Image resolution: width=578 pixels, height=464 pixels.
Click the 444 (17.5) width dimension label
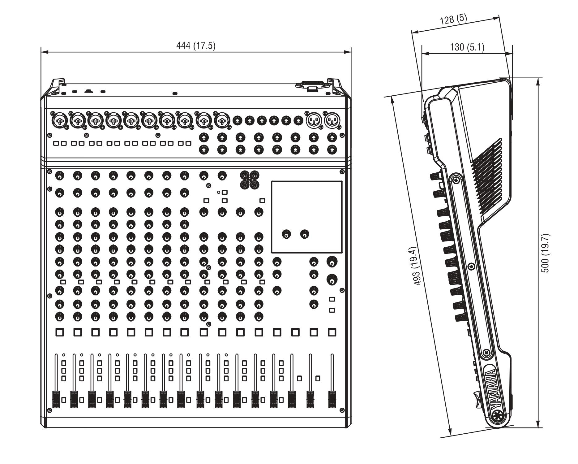196,46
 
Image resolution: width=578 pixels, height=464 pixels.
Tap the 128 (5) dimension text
453,20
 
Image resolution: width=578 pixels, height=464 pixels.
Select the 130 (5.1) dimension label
467,47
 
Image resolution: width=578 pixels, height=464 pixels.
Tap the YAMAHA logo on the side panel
492,388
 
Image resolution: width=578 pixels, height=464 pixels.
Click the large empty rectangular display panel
307,217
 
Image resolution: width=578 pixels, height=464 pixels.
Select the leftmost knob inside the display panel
287,234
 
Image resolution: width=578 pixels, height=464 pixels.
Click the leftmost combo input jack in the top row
60,120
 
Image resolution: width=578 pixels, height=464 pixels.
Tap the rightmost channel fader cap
332,399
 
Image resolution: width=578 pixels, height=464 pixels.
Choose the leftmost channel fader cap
56,399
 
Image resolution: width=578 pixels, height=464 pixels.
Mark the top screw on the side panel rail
456,180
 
